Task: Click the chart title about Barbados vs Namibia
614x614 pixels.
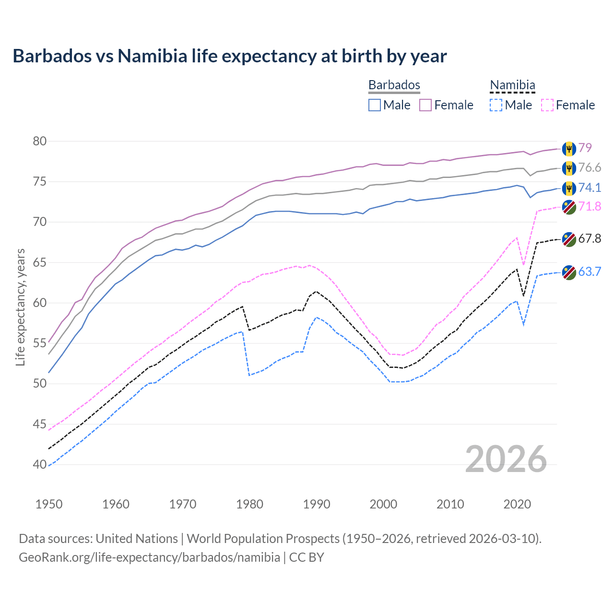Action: coord(230,56)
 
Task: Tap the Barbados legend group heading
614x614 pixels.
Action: coord(394,85)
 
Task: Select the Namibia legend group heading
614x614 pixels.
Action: coord(512,85)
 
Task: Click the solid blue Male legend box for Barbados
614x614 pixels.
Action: coord(375,105)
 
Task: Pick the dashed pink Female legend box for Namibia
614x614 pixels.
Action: coord(547,105)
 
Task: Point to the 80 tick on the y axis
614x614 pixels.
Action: coord(40,141)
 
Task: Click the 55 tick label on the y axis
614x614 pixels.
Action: coord(40,343)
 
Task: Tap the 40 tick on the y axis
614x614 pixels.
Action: coord(40,464)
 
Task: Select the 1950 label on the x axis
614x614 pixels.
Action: coord(49,504)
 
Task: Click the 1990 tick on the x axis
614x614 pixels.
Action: coord(317,504)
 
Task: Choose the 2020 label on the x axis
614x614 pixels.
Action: coord(517,504)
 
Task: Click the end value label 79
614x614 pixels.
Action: coord(585,148)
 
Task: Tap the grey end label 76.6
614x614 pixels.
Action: coord(590,167)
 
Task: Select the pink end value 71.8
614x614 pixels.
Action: coord(590,206)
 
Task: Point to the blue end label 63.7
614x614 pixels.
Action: coord(590,272)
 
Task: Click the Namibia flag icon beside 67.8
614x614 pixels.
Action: coord(569,239)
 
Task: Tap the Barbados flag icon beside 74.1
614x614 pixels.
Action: coord(569,188)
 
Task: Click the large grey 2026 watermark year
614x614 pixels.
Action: coord(506,459)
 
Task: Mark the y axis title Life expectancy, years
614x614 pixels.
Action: coord(20,307)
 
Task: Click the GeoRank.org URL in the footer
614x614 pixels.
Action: coord(149,557)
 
